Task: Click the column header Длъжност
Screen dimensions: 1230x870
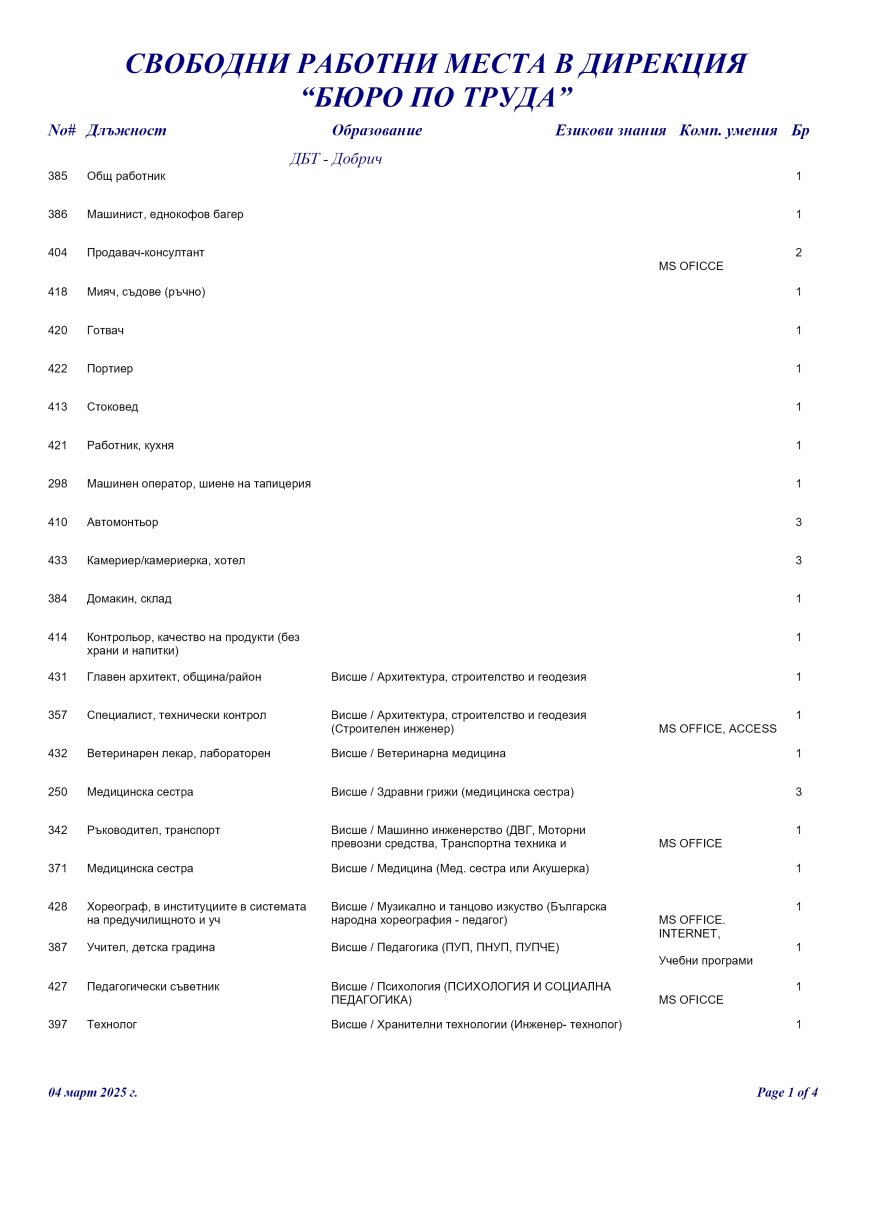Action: (126, 131)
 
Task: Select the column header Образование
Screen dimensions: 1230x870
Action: (376, 131)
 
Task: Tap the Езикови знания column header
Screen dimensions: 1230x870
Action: (610, 131)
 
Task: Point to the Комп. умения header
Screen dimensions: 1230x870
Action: (728, 131)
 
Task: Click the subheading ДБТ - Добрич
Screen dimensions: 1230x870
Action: (336, 159)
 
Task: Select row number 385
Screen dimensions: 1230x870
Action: (57, 176)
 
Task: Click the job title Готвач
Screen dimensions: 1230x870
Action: (105, 330)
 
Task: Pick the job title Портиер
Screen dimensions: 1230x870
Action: (109, 369)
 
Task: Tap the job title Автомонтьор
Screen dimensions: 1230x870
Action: (122, 522)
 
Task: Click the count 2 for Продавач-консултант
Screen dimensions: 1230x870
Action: (798, 253)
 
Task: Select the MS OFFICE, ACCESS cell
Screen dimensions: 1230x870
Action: (717, 729)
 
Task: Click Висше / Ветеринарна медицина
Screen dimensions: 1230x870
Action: (418, 753)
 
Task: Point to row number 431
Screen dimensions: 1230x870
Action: (57, 677)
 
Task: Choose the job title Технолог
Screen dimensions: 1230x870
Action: (112, 1024)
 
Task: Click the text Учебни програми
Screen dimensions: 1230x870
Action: (705, 961)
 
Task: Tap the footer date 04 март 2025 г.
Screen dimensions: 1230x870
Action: (93, 1093)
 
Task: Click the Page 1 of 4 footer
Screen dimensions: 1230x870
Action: (787, 1093)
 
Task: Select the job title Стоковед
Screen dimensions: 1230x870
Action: (112, 407)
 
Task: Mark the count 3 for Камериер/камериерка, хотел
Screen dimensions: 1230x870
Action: (798, 561)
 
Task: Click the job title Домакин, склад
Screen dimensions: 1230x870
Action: (129, 599)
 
